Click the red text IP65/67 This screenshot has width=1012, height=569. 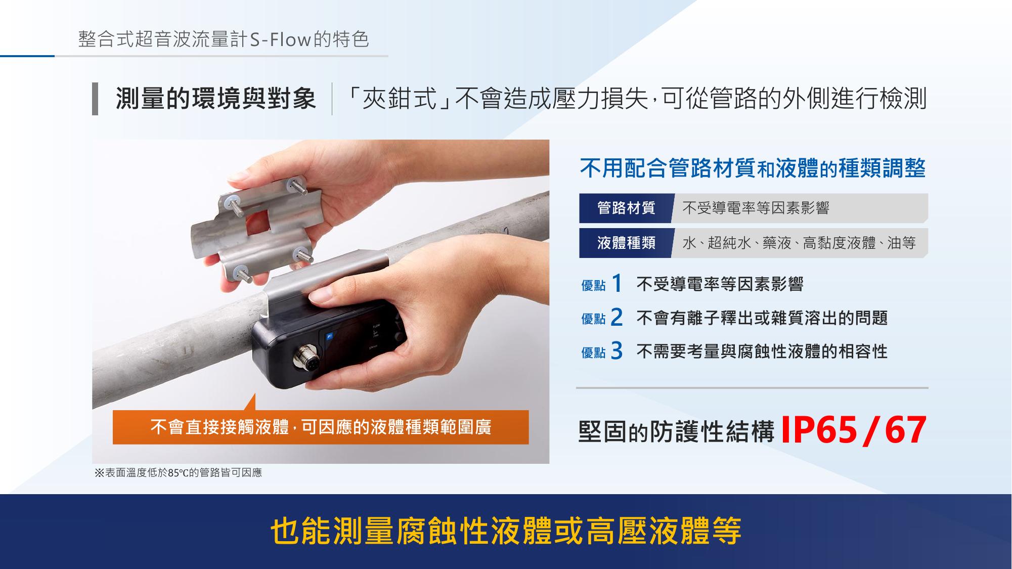(854, 431)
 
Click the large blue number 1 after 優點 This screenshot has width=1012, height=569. (616, 284)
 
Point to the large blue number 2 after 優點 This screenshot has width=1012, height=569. (617, 318)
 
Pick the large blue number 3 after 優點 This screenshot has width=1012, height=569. (617, 351)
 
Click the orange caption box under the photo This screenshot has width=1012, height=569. (321, 427)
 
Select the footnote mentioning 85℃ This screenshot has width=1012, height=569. (179, 473)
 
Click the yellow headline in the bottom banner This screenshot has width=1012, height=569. (506, 531)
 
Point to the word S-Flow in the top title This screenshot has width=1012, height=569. (280, 39)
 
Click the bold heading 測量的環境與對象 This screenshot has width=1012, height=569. (216, 98)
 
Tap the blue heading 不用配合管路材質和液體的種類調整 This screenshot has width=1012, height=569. (753, 168)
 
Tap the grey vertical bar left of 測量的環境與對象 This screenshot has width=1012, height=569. (95, 99)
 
